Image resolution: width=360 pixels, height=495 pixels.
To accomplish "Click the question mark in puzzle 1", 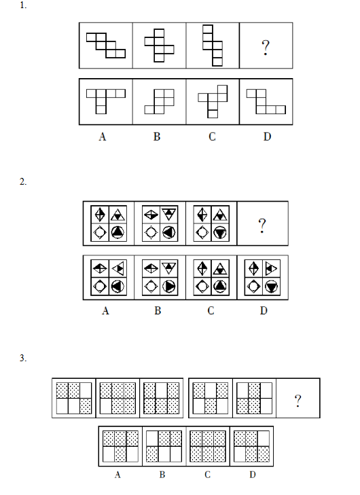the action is pos(266,48).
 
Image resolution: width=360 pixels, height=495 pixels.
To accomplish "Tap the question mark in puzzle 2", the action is pos(262,225).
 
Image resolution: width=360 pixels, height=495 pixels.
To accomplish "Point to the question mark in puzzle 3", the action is pos(298,401).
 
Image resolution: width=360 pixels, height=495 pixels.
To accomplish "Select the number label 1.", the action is pos(23,5).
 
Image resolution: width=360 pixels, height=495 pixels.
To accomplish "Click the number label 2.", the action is pos(23,181).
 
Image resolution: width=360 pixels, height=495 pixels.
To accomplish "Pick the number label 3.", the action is pos(23,358).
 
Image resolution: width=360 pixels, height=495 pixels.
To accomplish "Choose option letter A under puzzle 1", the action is pos(103,136).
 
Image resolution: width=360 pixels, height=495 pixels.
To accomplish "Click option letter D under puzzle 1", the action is pos(267,136).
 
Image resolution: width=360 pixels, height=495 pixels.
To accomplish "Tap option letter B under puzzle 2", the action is pos(158,310).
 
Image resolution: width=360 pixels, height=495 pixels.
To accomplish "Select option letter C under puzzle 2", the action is pos(211,310).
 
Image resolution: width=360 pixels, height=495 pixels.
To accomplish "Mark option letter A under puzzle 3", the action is pos(118,475).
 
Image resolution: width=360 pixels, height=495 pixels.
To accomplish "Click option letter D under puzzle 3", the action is pos(252,475).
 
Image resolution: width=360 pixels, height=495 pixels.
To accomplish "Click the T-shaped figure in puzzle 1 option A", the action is pos(106,101).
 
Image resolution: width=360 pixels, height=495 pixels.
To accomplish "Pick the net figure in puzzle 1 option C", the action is pos(213,101).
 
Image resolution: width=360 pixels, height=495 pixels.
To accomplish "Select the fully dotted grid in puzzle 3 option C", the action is pos(208,446).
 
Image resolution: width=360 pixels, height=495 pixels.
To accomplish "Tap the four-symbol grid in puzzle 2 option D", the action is pos(262,278).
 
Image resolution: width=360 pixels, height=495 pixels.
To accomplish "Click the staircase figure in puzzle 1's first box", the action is pos(106,45).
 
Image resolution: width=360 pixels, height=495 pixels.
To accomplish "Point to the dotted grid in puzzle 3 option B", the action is pos(164,446).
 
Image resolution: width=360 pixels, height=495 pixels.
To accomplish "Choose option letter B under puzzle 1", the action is pos(157,136).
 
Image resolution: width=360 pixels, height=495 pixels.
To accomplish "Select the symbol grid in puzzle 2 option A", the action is pos(109,278).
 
